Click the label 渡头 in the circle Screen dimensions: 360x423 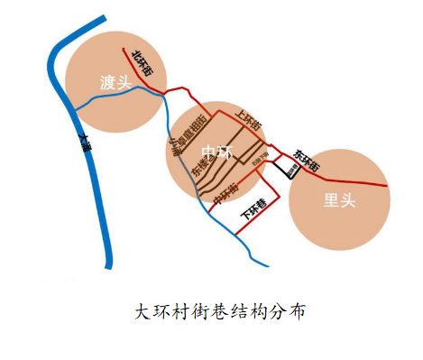115,83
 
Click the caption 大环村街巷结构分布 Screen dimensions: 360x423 221,312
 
